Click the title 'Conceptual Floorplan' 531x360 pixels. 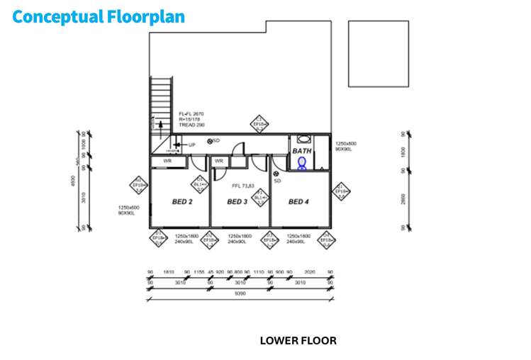click(x=99, y=16)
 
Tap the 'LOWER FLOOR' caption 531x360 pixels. click(x=298, y=340)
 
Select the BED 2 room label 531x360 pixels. click(x=182, y=202)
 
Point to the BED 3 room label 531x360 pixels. click(x=237, y=202)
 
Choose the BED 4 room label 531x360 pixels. click(x=298, y=202)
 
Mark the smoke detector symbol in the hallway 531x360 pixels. click(x=210, y=141)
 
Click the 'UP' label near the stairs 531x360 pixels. click(x=191, y=145)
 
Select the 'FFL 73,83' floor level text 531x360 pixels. click(x=243, y=186)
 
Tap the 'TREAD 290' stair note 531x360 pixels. click(x=191, y=125)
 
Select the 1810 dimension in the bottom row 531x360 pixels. click(x=169, y=271)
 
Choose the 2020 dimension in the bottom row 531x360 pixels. click(x=309, y=271)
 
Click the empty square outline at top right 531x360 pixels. click(x=378, y=53)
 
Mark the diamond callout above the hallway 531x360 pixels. click(x=259, y=124)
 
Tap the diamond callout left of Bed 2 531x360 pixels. click(x=139, y=187)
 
